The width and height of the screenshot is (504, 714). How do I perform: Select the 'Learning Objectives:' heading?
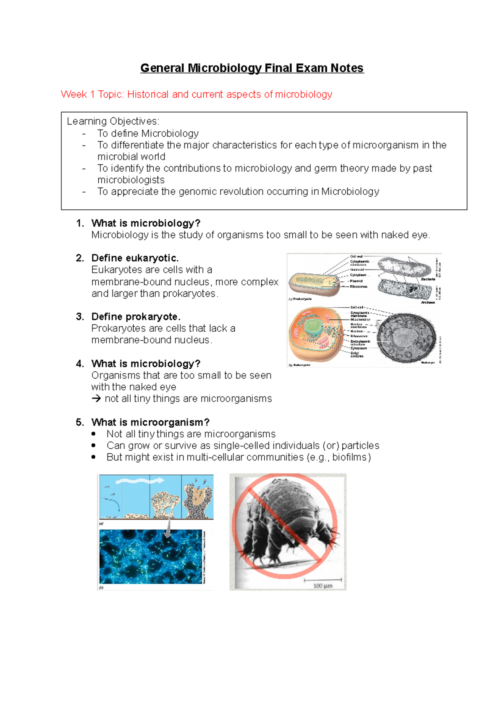click(113, 122)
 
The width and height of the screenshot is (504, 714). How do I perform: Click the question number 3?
click(80, 317)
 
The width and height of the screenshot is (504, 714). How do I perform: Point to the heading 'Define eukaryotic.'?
click(135, 258)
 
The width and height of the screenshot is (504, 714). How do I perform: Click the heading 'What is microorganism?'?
click(150, 422)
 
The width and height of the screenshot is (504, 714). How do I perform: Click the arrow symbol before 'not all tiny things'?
click(96, 399)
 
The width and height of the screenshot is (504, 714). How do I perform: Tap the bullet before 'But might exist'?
click(93, 457)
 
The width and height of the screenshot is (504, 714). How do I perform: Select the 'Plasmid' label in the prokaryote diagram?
click(356, 281)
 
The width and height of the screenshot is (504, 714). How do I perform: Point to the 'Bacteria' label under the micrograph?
click(428, 279)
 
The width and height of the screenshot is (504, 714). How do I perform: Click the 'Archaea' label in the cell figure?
click(428, 302)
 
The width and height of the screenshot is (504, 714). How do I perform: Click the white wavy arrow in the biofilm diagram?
click(139, 481)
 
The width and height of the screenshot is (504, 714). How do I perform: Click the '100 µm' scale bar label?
click(323, 586)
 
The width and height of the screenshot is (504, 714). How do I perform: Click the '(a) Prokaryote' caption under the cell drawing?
click(300, 299)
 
